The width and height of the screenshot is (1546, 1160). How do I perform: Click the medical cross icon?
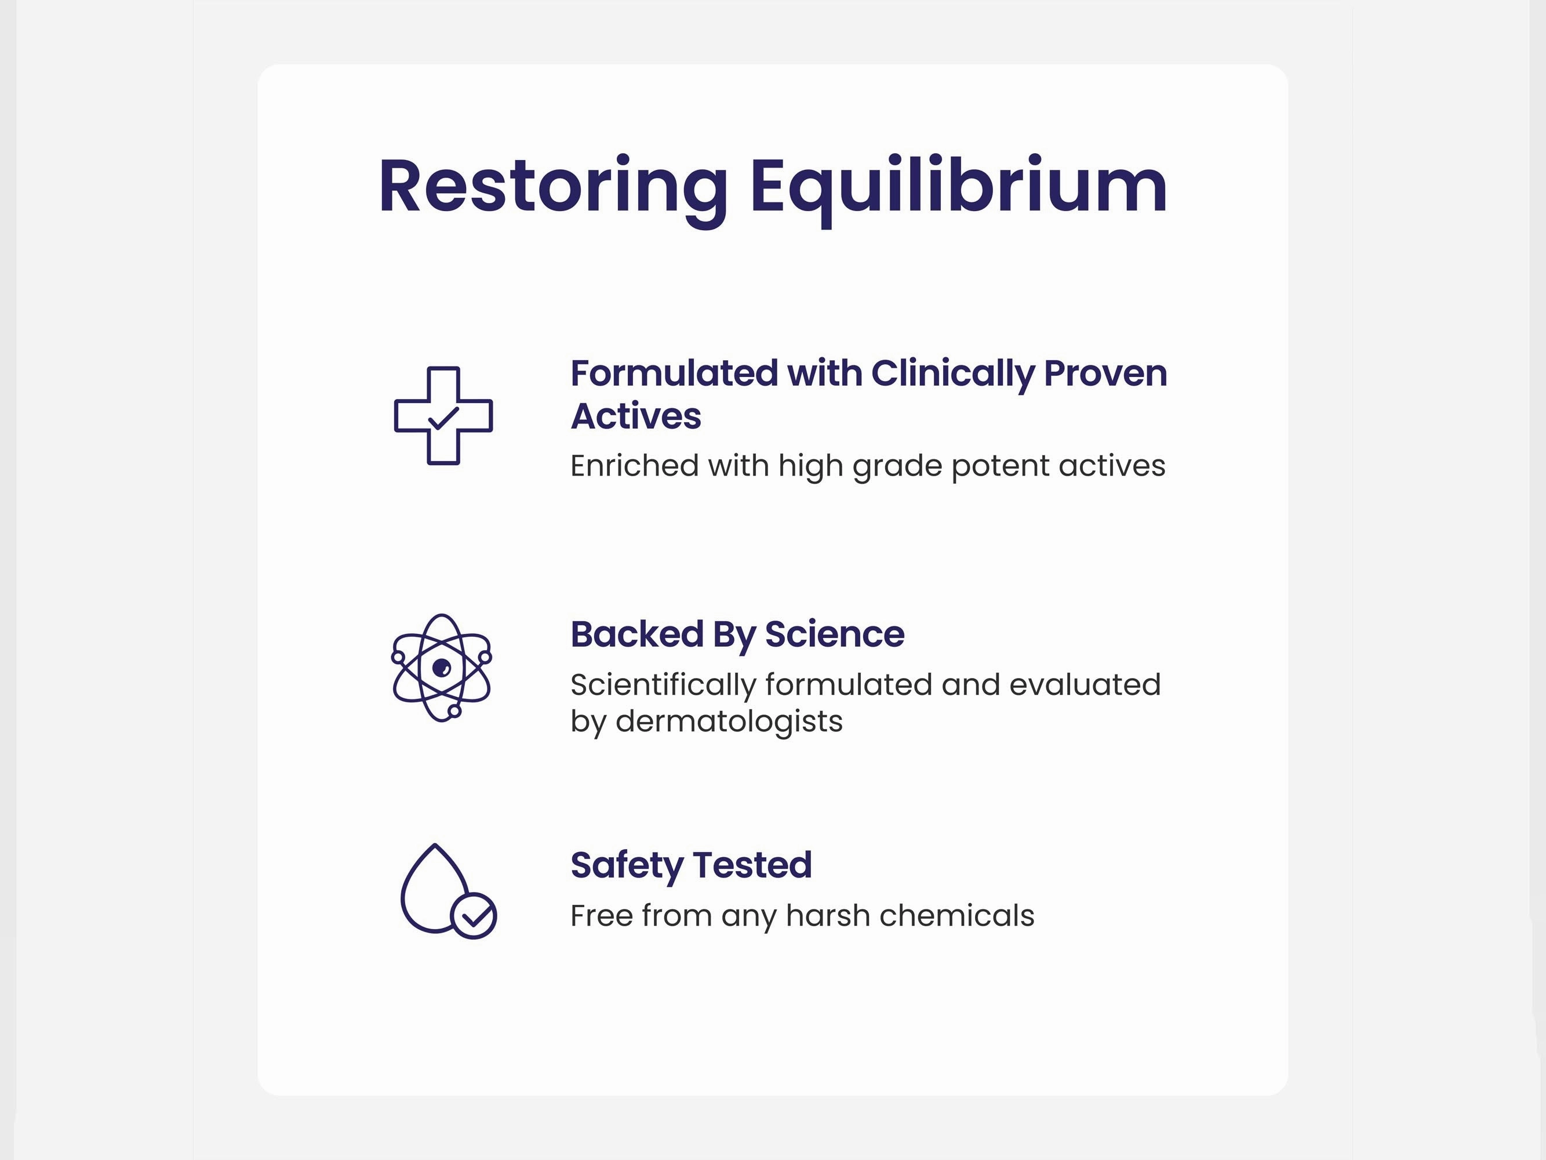coord(443,416)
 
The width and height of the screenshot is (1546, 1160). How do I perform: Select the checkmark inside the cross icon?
coord(443,418)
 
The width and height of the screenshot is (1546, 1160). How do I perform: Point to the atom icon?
coord(441,668)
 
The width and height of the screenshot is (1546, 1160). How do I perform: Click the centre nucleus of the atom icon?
coord(442,668)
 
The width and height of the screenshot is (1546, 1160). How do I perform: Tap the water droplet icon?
coord(448,891)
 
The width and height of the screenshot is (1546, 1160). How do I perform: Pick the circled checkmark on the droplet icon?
coord(474,916)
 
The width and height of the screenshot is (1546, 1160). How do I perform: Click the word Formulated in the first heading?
coord(674,373)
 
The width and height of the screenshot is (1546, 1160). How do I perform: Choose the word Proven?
coord(1105,374)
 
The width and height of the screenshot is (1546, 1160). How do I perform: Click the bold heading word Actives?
coord(636,416)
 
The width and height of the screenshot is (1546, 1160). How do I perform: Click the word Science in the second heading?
coord(835,634)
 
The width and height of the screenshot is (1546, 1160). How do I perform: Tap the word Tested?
coord(752,865)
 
